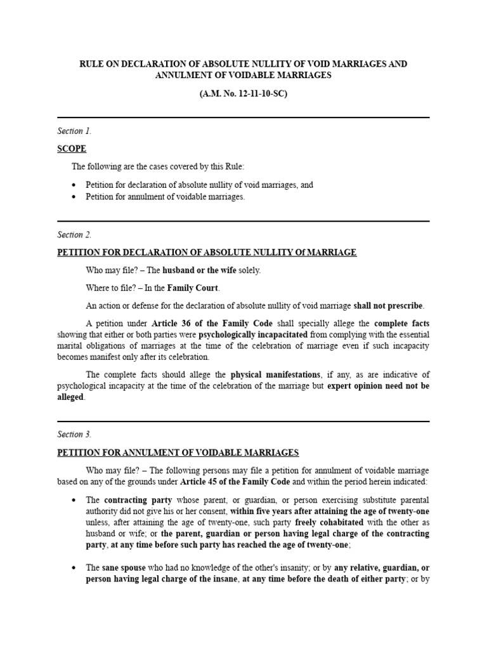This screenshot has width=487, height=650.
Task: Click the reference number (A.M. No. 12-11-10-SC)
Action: point(243,94)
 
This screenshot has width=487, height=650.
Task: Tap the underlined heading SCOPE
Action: point(72,149)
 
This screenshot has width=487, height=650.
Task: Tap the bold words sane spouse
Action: point(124,567)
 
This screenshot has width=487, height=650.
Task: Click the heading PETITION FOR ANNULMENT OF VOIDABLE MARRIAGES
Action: point(178,453)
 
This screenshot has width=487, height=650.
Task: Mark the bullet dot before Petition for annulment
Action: point(75,197)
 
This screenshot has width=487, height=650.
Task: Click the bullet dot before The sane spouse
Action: point(75,567)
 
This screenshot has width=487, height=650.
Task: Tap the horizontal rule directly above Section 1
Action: point(243,117)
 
